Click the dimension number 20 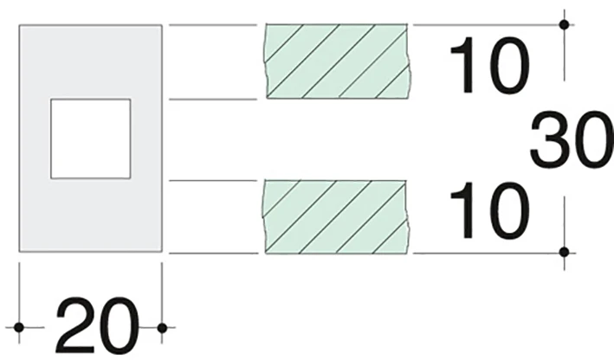[x=98, y=325]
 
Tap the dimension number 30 [x=572, y=139]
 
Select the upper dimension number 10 [x=489, y=66]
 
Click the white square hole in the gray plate [x=90, y=139]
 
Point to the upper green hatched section [x=337, y=61]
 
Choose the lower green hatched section [x=336, y=217]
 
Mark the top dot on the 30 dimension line [x=565, y=24]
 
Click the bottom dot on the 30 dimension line [x=565, y=253]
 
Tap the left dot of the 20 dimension [x=19, y=327]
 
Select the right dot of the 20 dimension [x=162, y=327]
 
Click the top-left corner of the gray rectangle [x=20, y=25]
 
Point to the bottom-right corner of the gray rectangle [x=162, y=252]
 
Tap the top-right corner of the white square [x=131, y=100]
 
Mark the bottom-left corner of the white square [x=51, y=178]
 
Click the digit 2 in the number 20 [x=75, y=325]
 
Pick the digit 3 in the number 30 [x=549, y=139]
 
